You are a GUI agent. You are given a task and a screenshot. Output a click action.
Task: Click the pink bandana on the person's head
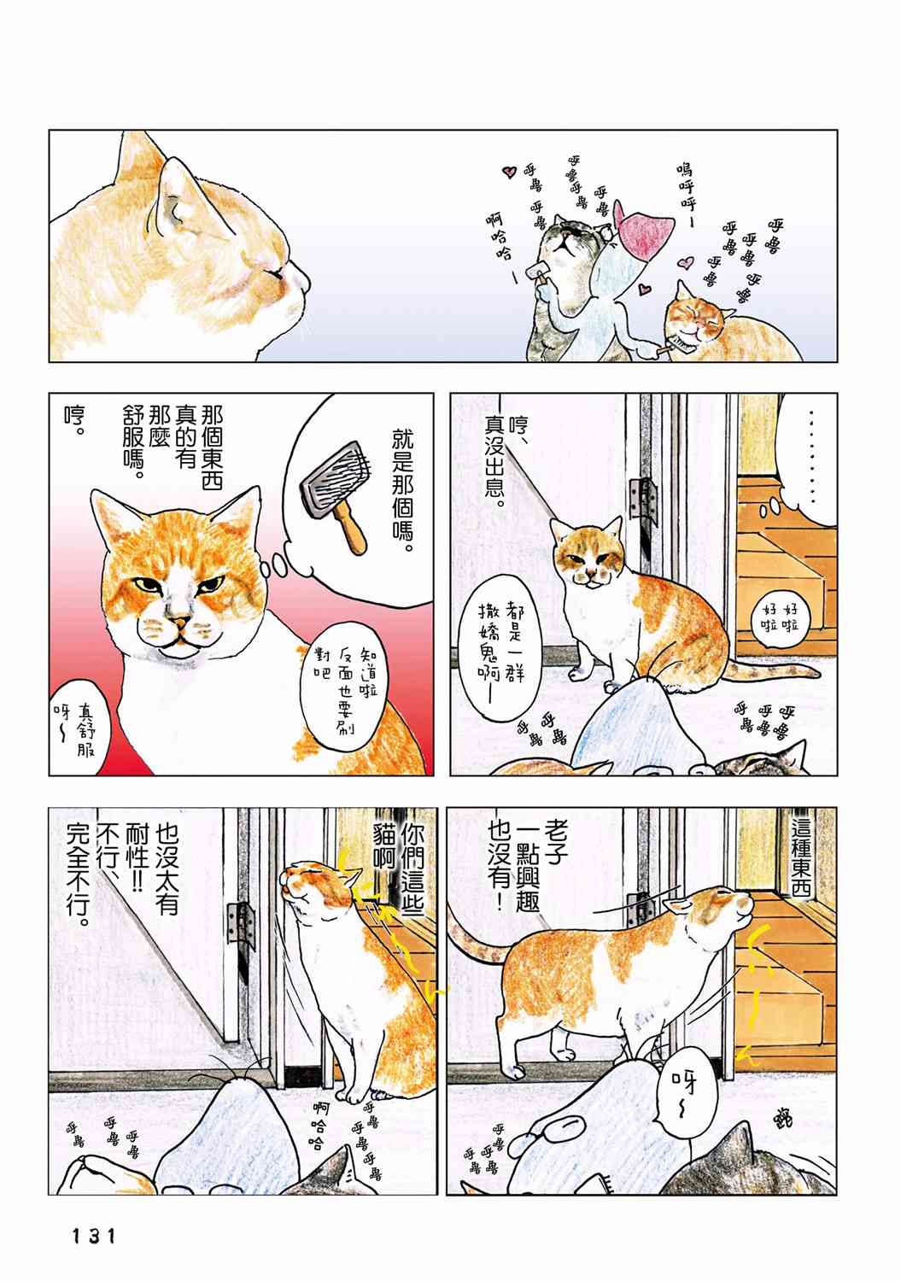coord(641,231)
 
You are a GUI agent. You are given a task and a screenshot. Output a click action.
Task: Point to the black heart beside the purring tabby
coord(507,172)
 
